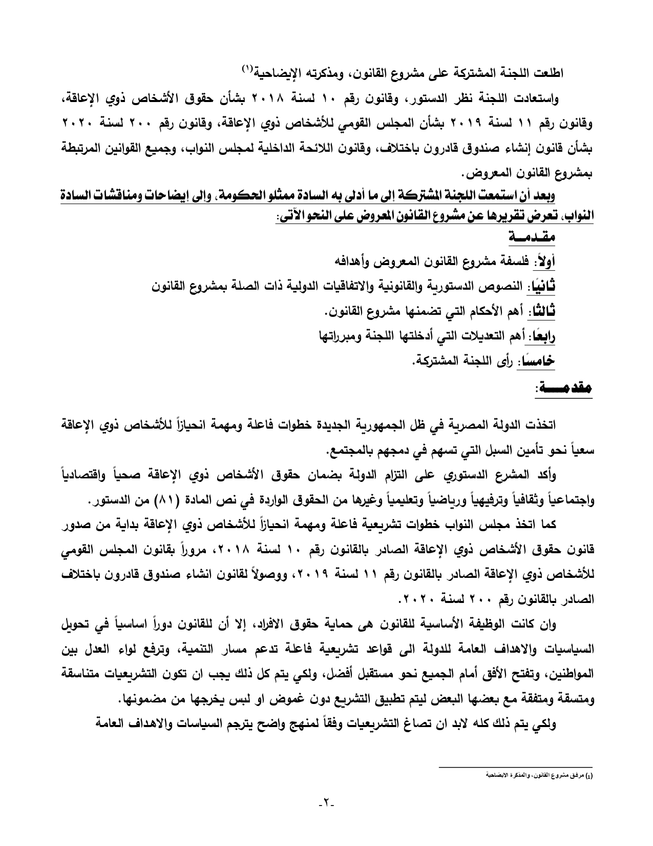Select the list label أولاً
(x=544, y=262)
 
